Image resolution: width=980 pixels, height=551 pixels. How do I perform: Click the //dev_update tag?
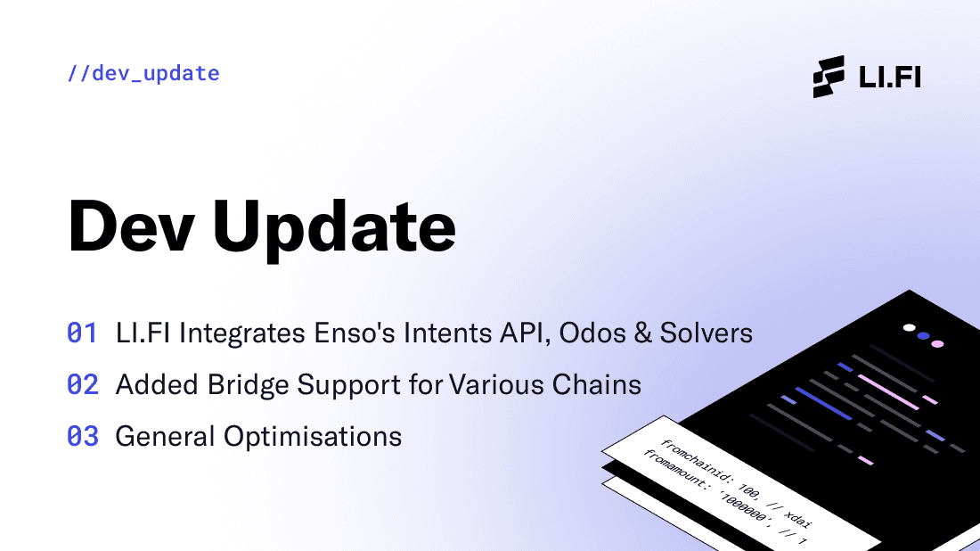[x=143, y=73]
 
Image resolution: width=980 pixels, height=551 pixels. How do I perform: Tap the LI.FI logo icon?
[x=829, y=76]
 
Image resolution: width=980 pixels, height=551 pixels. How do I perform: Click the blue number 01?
[x=83, y=333]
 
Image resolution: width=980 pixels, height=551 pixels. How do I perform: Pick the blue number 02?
[x=83, y=385]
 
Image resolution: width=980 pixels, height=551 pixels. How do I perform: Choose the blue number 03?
[x=83, y=437]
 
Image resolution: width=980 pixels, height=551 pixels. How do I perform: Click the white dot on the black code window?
[x=909, y=327]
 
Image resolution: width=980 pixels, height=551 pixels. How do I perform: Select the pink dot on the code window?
[x=937, y=343]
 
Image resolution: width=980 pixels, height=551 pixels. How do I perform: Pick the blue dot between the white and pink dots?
[x=923, y=336]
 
